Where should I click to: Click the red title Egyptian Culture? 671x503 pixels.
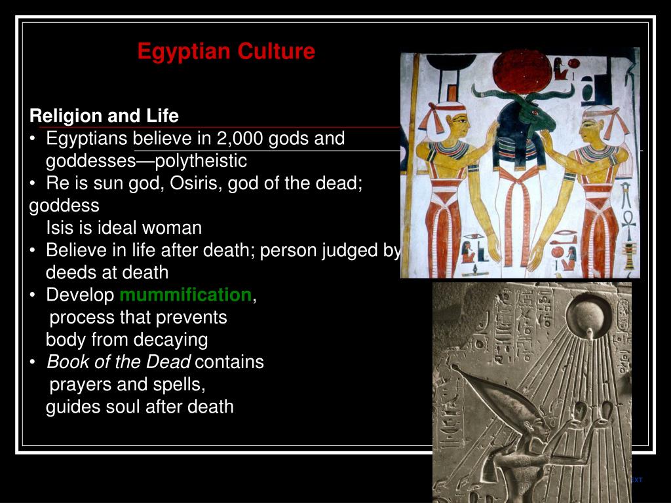(226, 52)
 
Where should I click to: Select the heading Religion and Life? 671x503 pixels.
(104, 116)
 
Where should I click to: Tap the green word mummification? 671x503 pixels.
(185, 295)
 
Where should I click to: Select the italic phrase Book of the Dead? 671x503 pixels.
(119, 362)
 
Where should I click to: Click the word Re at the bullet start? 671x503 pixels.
(55, 183)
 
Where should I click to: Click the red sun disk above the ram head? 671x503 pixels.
(522, 71)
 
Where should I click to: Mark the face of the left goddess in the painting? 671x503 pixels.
(459, 125)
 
